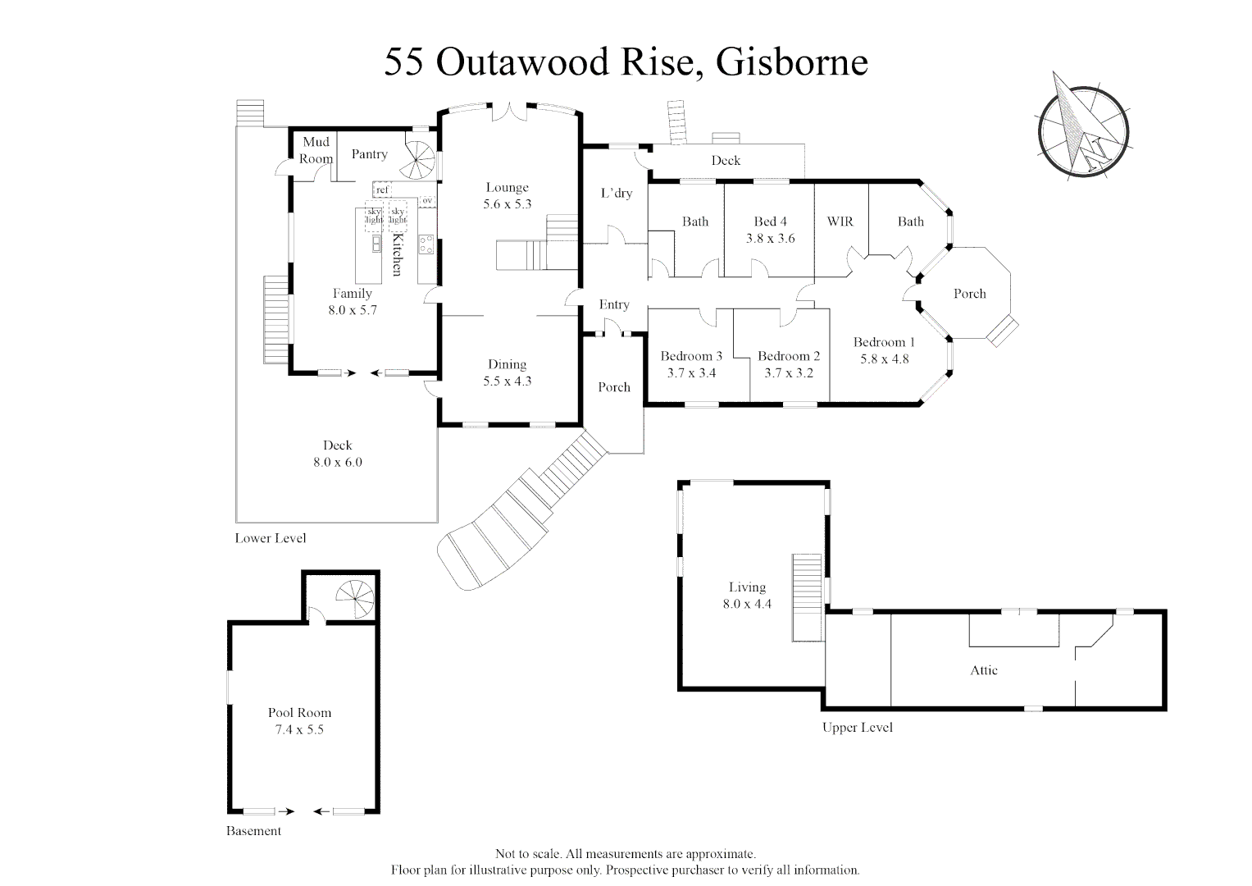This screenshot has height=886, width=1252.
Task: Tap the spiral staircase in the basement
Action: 356,599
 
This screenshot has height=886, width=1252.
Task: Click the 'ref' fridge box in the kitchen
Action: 382,190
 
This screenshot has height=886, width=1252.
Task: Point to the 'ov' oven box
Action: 427,199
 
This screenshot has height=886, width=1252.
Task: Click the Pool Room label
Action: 299,713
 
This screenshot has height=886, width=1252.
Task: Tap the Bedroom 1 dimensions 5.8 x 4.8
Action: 884,359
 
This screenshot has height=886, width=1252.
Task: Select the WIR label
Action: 840,221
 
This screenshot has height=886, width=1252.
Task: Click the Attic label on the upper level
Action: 984,670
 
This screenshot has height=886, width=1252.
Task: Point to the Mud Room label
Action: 316,150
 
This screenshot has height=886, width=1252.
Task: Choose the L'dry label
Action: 617,193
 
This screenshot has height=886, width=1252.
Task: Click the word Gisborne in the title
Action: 792,62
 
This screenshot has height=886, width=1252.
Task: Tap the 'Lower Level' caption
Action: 271,538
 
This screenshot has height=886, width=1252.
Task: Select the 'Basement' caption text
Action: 253,830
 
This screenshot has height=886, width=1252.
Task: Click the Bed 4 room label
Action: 770,221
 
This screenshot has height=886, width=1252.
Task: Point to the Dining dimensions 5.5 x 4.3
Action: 507,381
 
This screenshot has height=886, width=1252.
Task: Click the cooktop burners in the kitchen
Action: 426,244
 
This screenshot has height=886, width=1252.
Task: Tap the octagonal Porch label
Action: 970,294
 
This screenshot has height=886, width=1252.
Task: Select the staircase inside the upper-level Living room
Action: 807,597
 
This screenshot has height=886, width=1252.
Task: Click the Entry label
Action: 614,304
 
